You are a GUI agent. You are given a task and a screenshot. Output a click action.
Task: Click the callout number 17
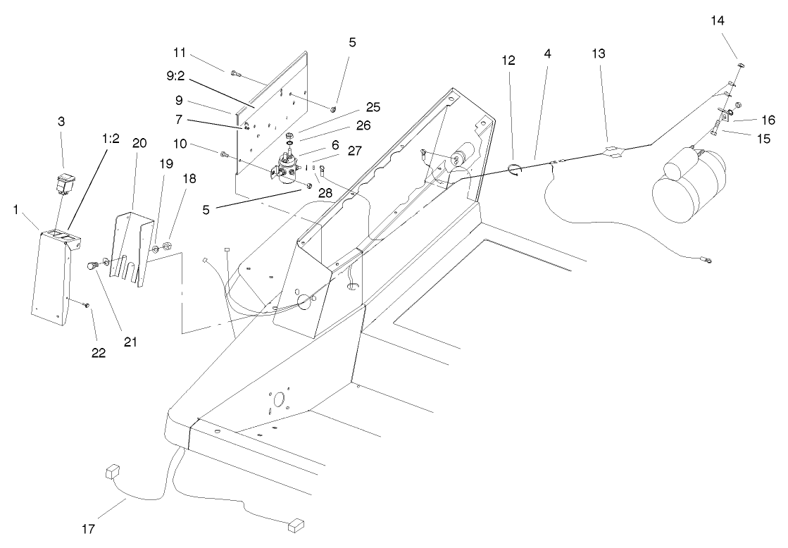pos(89,528)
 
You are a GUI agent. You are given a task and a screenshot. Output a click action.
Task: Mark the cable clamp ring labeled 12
pos(513,170)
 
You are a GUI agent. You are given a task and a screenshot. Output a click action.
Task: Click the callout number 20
pos(139,143)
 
